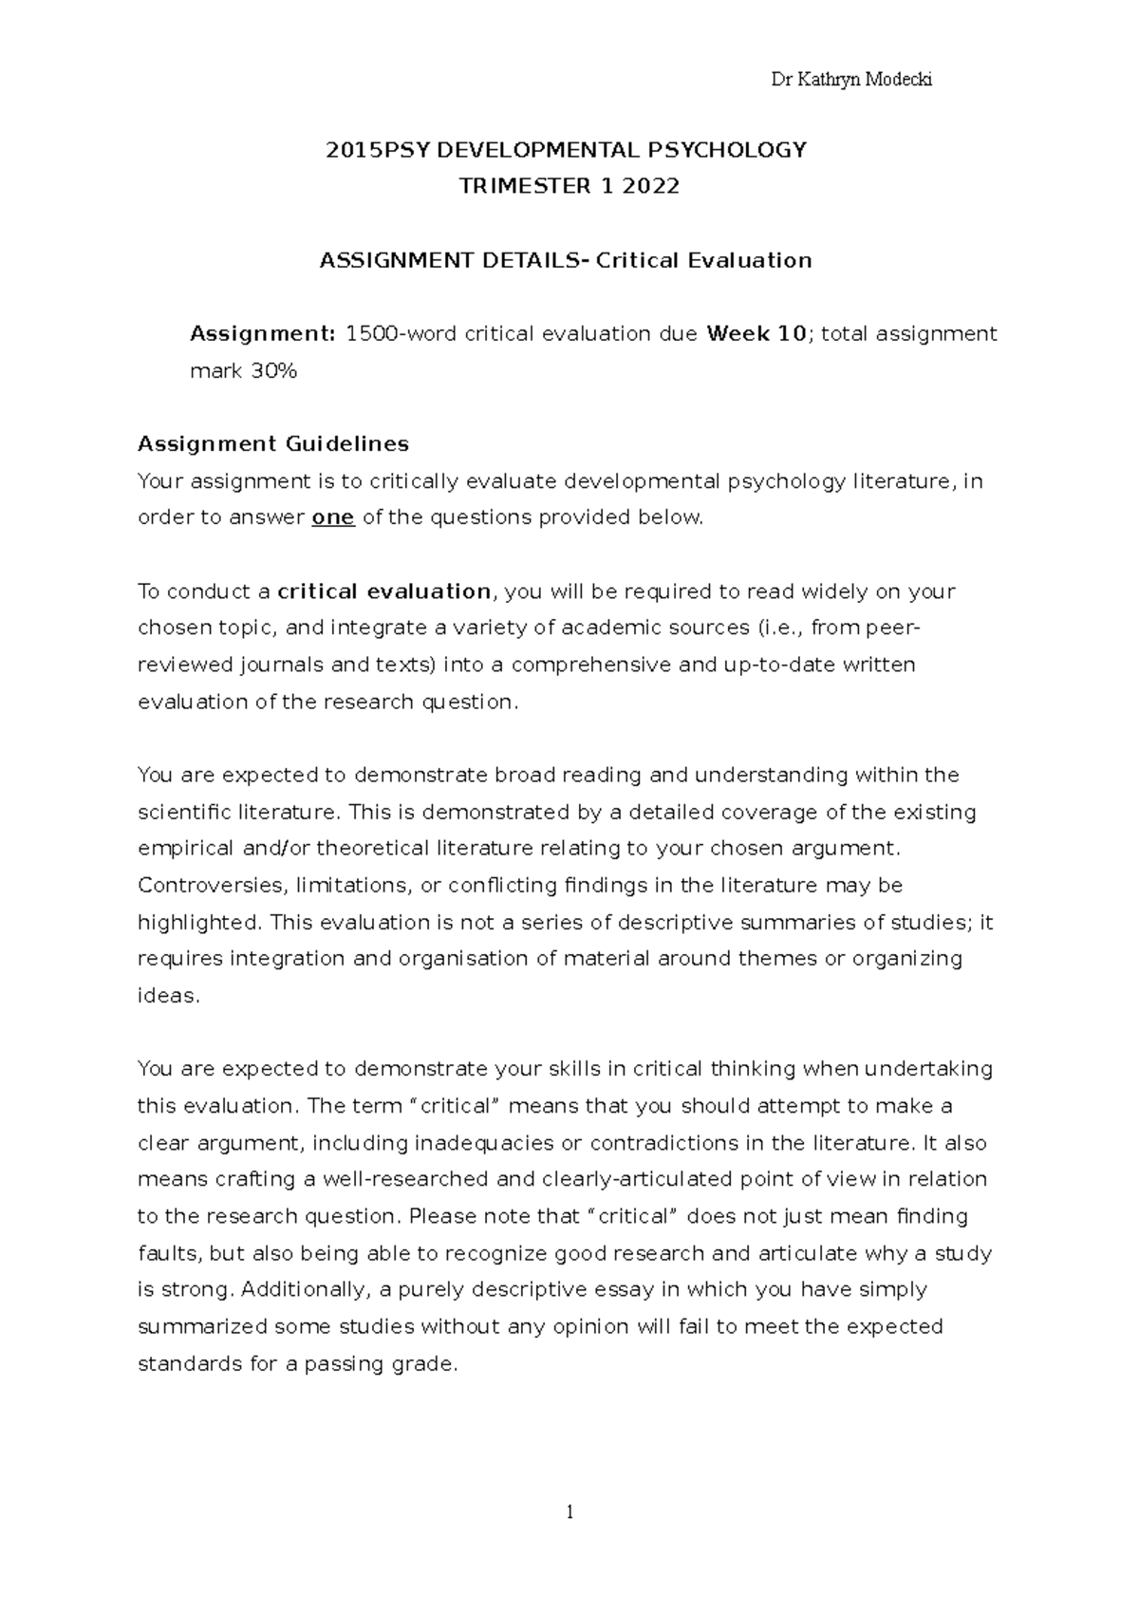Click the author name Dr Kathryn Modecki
coord(851,80)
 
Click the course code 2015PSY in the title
coord(372,150)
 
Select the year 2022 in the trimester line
coord(651,186)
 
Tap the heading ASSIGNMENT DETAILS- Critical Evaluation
coord(566,260)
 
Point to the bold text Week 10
coord(756,334)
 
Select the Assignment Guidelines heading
coord(273,444)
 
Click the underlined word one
coord(333,517)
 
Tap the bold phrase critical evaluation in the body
coord(383,591)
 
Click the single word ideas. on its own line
coord(169,996)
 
